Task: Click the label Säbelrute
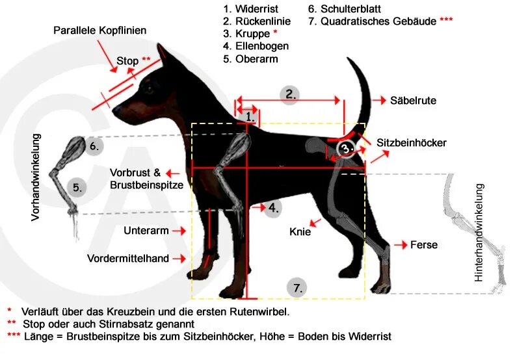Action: pos(413,101)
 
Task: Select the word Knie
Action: pos(300,231)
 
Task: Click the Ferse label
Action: pos(423,245)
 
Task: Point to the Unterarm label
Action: pos(146,231)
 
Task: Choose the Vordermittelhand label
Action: pos(128,259)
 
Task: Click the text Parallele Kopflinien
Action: pos(99,31)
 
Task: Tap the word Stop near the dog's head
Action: pos(127,61)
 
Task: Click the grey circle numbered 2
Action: pos(290,94)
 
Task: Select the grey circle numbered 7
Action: pos(297,288)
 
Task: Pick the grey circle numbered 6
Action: pos(94,146)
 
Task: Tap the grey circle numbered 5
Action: pos(77,188)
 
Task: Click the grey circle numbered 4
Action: pos(273,209)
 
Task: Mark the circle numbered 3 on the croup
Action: pos(347,148)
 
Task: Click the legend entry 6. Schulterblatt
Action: pos(344,9)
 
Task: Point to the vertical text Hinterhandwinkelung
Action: pos(479,233)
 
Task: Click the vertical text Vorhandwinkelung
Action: pos(36,177)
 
